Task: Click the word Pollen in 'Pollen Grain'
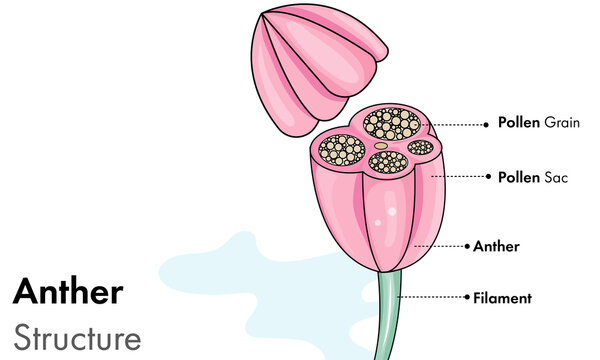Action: click(519, 123)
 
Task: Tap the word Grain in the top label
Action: click(561, 123)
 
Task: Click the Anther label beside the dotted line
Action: click(496, 245)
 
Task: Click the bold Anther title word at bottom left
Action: click(68, 292)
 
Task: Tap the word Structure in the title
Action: click(77, 337)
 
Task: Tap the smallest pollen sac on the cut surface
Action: click(421, 148)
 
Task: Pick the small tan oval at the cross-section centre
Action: click(381, 145)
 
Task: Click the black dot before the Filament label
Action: click(466, 297)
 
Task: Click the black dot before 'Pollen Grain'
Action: click(490, 124)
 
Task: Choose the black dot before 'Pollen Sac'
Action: click(490, 177)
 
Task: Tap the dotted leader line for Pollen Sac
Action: click(460, 177)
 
